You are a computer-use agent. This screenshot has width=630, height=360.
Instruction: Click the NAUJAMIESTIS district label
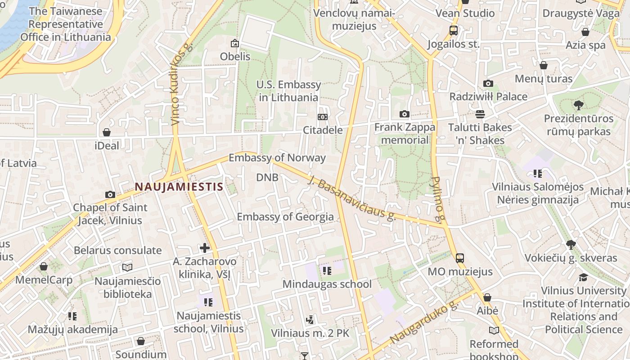[179, 186]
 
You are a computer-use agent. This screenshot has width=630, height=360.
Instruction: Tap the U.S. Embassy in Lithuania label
[288, 91]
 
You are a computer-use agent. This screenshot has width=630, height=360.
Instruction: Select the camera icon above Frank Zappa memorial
[405, 114]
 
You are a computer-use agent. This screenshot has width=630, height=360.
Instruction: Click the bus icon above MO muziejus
[459, 258]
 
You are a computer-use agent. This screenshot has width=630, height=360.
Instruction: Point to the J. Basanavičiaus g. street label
[351, 198]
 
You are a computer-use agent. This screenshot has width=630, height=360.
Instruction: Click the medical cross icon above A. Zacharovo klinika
[205, 248]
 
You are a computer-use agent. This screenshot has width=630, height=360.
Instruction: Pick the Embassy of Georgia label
[285, 217]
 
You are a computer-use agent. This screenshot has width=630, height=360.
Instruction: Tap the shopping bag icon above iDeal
[107, 132]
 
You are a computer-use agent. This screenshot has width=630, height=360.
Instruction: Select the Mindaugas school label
[327, 284]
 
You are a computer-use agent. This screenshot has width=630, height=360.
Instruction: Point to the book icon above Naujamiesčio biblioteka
[127, 268]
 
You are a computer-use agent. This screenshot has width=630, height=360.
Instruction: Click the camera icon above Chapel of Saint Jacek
[110, 194]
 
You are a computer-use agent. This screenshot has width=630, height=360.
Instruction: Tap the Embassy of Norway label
[277, 157]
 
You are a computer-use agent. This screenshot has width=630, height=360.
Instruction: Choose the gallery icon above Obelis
[234, 43]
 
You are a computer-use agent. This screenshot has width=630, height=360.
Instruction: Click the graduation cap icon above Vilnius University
[583, 277]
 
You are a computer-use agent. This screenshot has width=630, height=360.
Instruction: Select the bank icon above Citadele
[322, 117]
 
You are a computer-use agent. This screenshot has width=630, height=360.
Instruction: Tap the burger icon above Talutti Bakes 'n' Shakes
[480, 114]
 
